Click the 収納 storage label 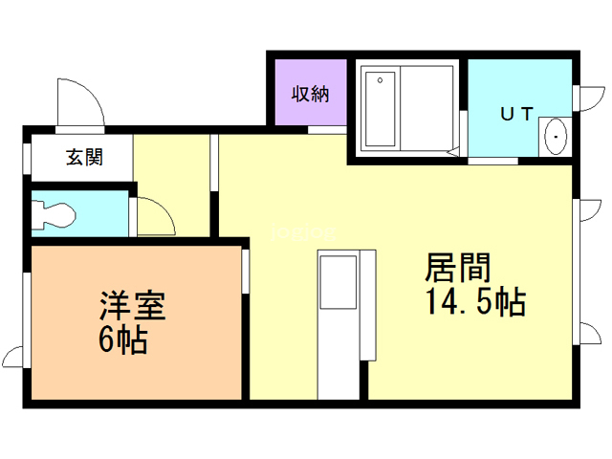(x=310, y=94)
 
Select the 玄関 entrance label (x=84, y=158)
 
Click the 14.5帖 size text (x=474, y=303)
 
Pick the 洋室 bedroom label (x=133, y=307)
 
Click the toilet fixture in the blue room (x=54, y=214)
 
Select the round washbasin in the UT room (x=555, y=139)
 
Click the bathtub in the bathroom (x=381, y=109)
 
